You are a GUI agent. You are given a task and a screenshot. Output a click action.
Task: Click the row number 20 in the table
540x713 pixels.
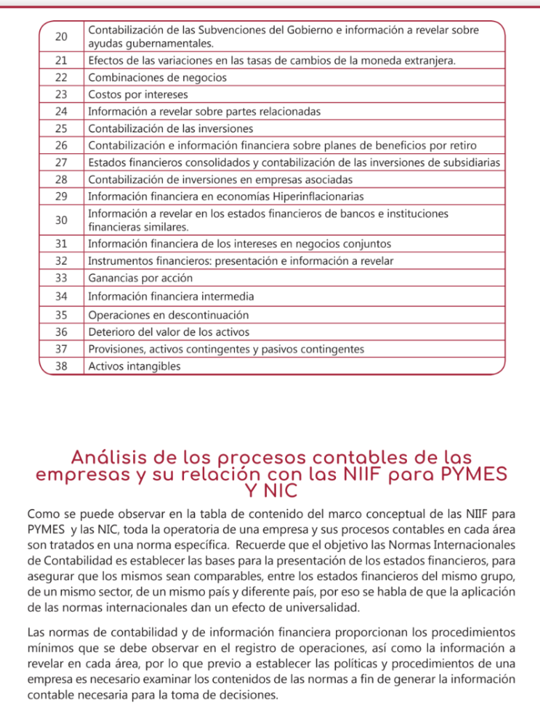pos(61,37)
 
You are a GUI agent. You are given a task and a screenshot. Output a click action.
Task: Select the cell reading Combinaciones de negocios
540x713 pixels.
pos(157,77)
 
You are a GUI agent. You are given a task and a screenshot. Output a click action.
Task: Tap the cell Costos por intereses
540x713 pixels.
pos(138,94)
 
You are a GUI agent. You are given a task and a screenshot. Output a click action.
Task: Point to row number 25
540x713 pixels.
pos(61,128)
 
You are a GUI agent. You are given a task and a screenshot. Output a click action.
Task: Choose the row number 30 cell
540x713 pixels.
pos(61,220)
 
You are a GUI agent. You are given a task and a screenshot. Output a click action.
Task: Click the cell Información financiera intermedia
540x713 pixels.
pos(171,296)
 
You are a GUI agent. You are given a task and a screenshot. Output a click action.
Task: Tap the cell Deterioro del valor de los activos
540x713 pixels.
pos(169,332)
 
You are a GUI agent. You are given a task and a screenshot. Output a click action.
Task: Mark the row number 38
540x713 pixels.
pos(61,366)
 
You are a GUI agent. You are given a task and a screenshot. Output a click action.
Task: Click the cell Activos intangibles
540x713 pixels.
pos(134,366)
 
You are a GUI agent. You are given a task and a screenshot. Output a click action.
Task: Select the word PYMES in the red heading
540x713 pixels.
pos(466,475)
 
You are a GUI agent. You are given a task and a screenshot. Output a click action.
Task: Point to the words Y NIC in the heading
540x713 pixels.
pos(271,491)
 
